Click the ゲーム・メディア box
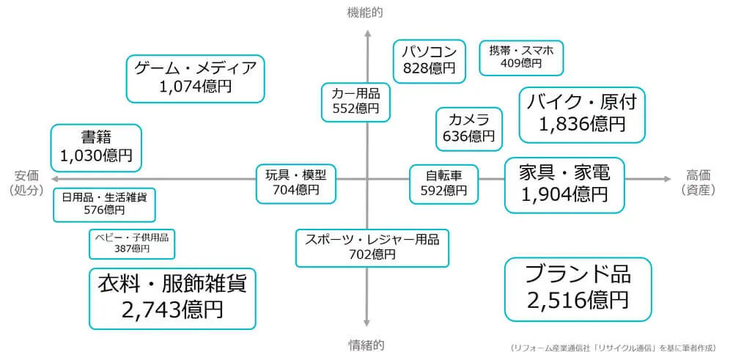[x=195, y=78]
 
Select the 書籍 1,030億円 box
[x=96, y=147]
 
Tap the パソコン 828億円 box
[x=429, y=59]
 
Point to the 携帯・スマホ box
[x=521, y=57]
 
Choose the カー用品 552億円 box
[x=356, y=101]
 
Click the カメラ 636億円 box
[x=468, y=128]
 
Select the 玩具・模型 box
[x=295, y=182]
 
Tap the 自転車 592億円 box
[x=443, y=183]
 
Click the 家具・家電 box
[x=564, y=183]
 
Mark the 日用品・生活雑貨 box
[x=104, y=203]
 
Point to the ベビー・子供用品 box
[x=132, y=243]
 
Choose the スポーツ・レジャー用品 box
[x=372, y=247]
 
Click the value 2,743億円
[x=172, y=309]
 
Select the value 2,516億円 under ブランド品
[x=578, y=300]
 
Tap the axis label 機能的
[x=365, y=12]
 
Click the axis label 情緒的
[x=366, y=344]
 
